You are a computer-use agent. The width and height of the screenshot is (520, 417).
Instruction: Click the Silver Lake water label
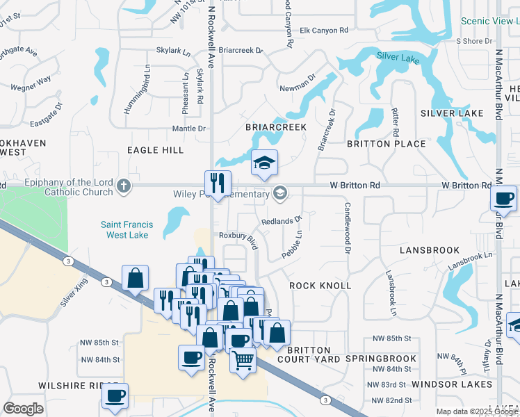[x=398, y=58]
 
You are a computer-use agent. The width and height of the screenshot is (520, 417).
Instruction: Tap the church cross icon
[x=123, y=186]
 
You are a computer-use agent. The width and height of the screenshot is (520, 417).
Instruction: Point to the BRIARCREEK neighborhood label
[x=276, y=128]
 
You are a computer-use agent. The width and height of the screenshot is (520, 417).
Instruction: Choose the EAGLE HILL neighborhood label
[x=155, y=150]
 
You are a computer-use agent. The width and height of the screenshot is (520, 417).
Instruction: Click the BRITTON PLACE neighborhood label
[x=387, y=144]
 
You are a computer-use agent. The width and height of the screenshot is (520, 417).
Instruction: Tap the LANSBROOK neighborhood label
[x=430, y=250]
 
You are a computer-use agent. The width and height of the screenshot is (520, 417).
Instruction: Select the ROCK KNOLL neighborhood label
[x=320, y=286]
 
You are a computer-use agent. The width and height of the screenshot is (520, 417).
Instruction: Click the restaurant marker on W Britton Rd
[x=218, y=184]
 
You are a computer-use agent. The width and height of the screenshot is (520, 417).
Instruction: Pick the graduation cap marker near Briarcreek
[x=264, y=163]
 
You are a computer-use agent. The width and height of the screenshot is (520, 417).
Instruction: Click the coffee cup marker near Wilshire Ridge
[x=115, y=397]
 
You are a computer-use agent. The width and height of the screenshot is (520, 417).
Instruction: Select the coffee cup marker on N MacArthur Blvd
[x=503, y=199]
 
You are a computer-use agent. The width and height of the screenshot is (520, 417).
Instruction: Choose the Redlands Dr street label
[x=281, y=221]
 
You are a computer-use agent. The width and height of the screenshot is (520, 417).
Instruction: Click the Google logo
[x=23, y=409]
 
